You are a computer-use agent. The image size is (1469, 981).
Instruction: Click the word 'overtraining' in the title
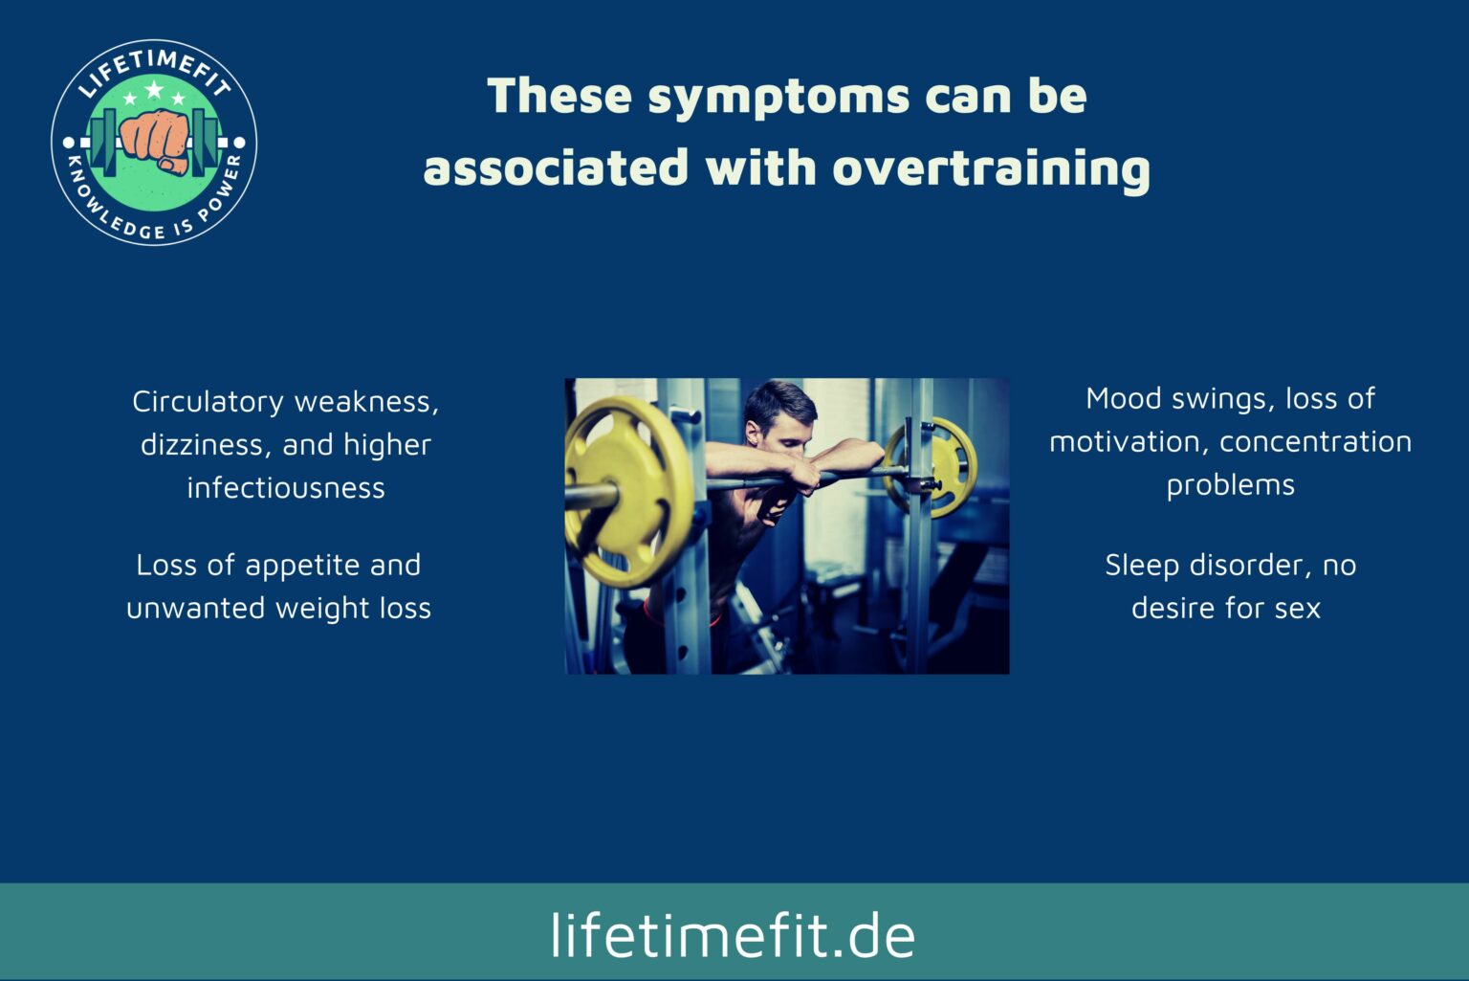[991, 167]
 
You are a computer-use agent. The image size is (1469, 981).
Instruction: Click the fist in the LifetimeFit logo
[154, 139]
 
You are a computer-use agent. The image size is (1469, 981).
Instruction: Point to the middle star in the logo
[154, 91]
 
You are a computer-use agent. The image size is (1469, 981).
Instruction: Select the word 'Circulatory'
[208, 402]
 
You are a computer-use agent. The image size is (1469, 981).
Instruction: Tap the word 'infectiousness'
[286, 488]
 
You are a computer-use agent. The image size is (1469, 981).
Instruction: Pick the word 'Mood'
[1123, 398]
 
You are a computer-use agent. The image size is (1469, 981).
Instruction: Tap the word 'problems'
[1230, 485]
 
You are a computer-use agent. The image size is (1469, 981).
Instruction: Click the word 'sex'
[1297, 609]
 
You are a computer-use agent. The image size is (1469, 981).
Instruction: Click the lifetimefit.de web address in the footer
[733, 934]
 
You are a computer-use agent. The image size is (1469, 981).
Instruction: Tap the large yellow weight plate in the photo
[626, 491]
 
